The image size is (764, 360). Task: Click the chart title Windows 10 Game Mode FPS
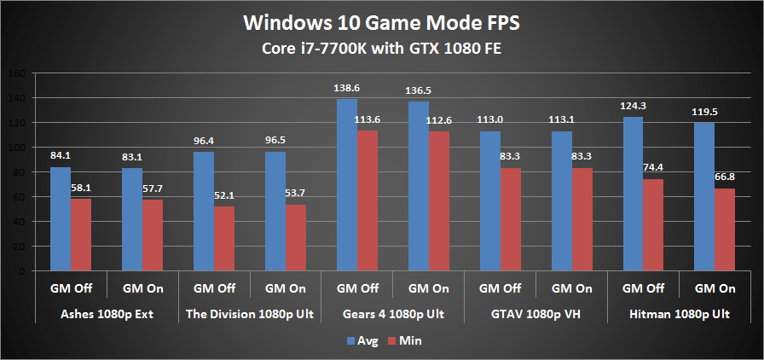[x=381, y=20]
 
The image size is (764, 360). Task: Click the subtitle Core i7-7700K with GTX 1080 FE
[x=381, y=48]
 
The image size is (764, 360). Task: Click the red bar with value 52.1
[x=223, y=239]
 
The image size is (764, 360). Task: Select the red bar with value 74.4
[x=652, y=225]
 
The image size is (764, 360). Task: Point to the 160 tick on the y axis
[x=17, y=73]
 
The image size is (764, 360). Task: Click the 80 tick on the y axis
[x=20, y=172]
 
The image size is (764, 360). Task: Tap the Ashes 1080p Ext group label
[x=107, y=315]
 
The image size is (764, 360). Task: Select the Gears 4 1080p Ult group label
[x=393, y=315]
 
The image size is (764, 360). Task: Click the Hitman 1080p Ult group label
[x=680, y=315]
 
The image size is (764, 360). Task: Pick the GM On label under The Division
[x=286, y=288]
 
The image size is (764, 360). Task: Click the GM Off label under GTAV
[x=501, y=288]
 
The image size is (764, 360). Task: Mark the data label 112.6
[x=439, y=119]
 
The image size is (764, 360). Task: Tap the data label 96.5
[x=275, y=139]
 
